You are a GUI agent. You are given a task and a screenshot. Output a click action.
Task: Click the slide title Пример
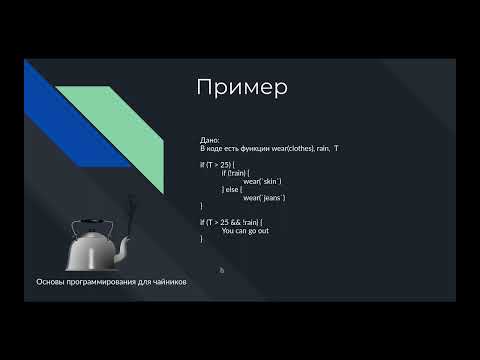point(242,87)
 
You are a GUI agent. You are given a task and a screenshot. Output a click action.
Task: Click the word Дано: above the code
point(210,140)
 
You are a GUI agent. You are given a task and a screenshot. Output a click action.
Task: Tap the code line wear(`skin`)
point(263,181)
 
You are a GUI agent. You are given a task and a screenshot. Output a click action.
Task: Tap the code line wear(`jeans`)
point(264,197)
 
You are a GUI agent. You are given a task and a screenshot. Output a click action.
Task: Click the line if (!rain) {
point(237,173)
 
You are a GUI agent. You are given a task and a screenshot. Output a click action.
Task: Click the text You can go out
point(245,230)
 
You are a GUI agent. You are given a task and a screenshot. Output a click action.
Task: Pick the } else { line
point(236,189)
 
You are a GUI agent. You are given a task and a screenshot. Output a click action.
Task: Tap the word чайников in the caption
point(167,282)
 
